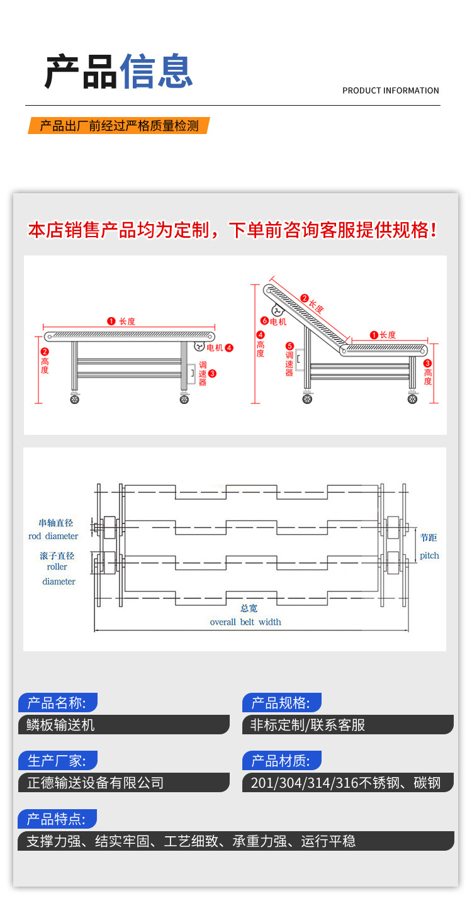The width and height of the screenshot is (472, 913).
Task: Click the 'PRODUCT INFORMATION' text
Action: pyautogui.click(x=390, y=91)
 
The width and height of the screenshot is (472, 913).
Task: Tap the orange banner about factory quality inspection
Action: pyautogui.click(x=119, y=126)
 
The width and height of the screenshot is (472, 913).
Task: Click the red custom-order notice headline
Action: pyautogui.click(x=233, y=230)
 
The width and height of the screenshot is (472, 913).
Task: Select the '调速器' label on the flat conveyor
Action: pyautogui.click(x=203, y=373)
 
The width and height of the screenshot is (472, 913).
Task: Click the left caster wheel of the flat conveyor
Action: pyautogui.click(x=75, y=400)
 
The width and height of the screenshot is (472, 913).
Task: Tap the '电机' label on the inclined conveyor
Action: pyautogui.click(x=278, y=321)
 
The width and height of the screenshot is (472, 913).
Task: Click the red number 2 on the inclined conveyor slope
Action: pyautogui.click(x=304, y=298)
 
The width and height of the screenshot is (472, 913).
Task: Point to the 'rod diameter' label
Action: pyautogui.click(x=53, y=536)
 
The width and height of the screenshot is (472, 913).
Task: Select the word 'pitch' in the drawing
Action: pyautogui.click(x=430, y=556)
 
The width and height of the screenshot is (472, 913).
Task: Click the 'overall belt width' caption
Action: pyautogui.click(x=245, y=622)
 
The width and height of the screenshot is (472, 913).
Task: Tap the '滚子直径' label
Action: pyautogui.click(x=57, y=556)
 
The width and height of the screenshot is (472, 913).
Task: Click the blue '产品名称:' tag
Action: pyautogui.click(x=58, y=703)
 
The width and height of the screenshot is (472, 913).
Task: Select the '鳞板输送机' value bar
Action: pyautogui.click(x=60, y=725)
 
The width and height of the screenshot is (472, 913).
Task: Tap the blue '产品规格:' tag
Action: pyautogui.click(x=281, y=703)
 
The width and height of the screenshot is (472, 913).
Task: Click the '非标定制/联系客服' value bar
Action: pyautogui.click(x=308, y=725)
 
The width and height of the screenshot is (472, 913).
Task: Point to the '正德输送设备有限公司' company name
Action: pyautogui.click(x=96, y=783)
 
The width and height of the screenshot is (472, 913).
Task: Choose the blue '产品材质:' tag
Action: pyautogui.click(x=281, y=761)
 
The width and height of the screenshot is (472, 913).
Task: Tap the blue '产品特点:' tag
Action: pyautogui.click(x=58, y=819)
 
